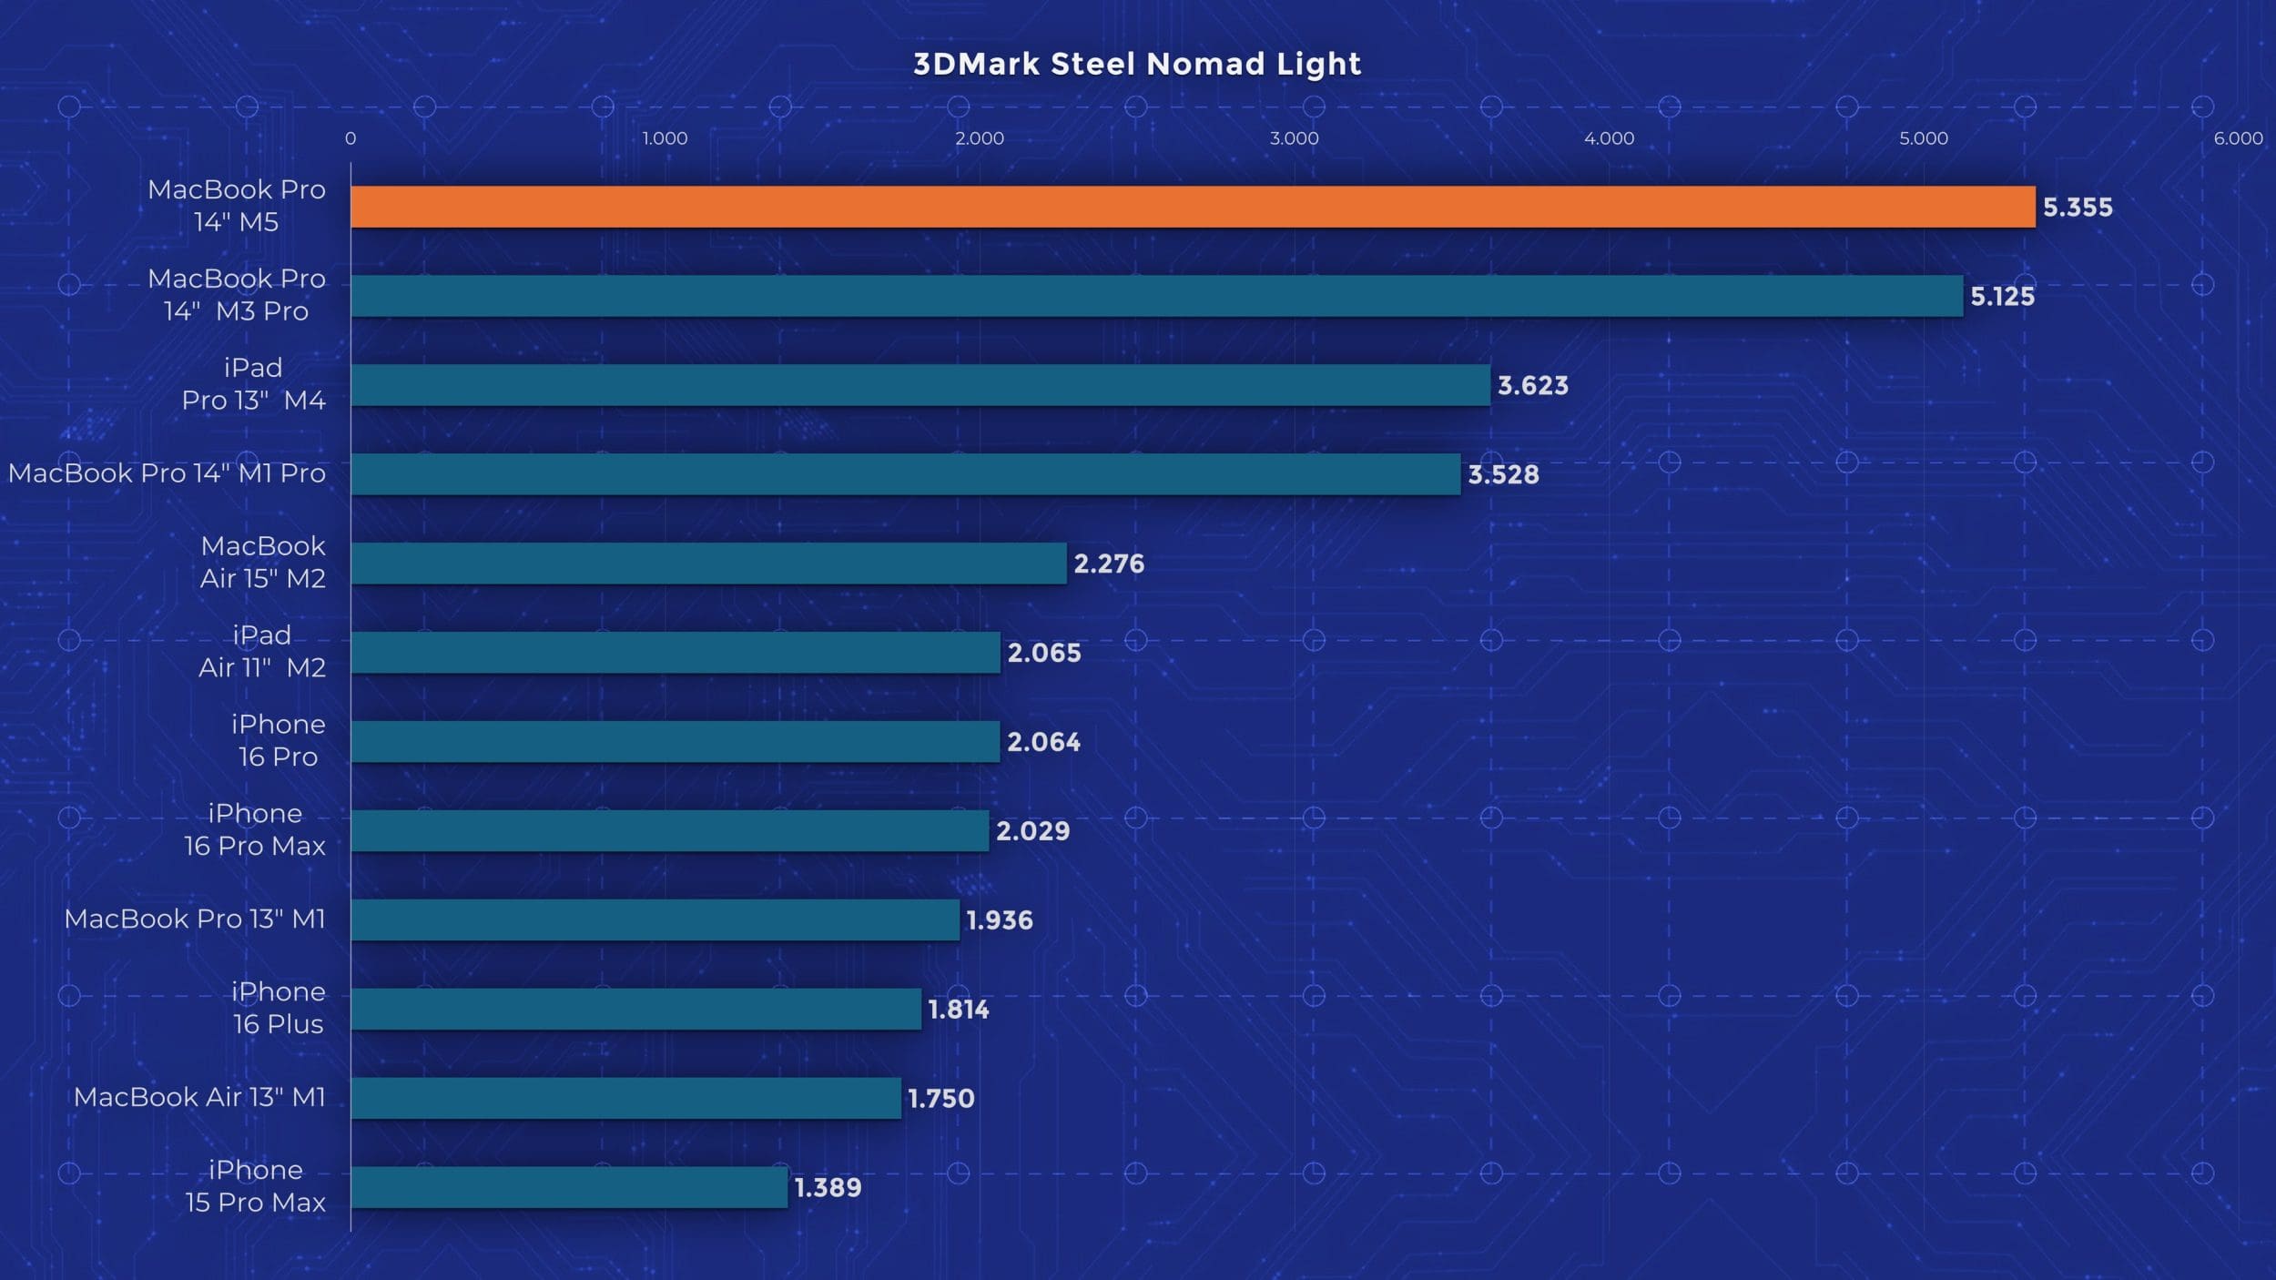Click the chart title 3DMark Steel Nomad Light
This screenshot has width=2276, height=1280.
pos(1137,64)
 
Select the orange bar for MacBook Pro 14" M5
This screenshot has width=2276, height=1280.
pos(1193,207)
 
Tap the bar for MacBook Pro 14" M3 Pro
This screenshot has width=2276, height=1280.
pos(1156,296)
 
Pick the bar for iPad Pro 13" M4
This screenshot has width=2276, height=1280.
pos(920,385)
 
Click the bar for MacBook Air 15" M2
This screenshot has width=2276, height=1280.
pos(708,564)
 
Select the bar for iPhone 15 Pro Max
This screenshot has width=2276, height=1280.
pos(569,1187)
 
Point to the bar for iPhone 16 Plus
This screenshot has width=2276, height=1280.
pos(635,1009)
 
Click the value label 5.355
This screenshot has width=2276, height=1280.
pos(2078,208)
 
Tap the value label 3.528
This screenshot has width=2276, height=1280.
pos(1503,474)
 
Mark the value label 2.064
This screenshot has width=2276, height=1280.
pos(1043,742)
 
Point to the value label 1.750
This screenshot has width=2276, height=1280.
pos(941,1098)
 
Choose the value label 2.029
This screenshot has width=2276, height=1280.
pos(1032,830)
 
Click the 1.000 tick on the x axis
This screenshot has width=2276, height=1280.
pos(665,138)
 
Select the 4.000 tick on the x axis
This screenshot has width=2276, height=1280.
pos(1609,138)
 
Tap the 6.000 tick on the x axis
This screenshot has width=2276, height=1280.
pos(2238,138)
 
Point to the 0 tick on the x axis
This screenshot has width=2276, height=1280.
pos(351,138)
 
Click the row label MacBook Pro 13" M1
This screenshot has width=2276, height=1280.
pos(195,919)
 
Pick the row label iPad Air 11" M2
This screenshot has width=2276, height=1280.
pos(262,651)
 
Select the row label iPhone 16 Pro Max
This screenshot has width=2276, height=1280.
pos(255,829)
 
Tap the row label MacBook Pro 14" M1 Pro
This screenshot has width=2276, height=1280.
pos(167,473)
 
